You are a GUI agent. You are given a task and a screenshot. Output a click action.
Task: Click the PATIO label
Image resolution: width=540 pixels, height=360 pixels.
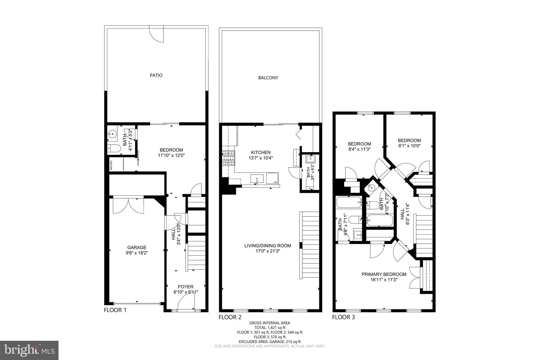click(x=156, y=75)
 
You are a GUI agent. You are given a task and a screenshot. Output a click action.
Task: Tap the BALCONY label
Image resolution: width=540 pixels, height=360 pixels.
click(x=268, y=78)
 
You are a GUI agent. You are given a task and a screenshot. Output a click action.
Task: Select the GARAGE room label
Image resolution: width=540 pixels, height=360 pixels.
click(x=137, y=247)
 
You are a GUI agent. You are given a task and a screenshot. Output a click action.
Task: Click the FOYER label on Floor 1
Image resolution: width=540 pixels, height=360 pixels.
click(x=186, y=287)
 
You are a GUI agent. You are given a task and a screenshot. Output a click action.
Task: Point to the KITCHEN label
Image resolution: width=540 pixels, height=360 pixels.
click(x=261, y=152)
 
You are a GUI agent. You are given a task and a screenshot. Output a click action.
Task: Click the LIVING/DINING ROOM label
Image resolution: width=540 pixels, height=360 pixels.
click(x=268, y=246)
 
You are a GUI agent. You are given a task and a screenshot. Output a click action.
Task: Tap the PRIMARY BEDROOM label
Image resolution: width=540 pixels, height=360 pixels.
click(x=384, y=274)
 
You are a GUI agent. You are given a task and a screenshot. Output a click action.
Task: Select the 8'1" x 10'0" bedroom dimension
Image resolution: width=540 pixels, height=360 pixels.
click(x=409, y=146)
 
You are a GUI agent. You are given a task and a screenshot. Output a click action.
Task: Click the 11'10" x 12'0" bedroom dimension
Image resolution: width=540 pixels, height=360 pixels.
click(x=171, y=155)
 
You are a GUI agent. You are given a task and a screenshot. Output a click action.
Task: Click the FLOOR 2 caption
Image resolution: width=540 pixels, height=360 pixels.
click(x=230, y=317)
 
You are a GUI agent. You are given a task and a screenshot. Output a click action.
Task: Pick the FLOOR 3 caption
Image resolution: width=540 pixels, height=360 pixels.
click(x=343, y=317)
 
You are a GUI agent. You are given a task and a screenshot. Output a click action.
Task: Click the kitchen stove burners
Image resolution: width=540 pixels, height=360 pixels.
click(x=229, y=158)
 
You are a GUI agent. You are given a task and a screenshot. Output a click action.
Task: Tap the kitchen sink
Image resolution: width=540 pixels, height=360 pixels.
click(x=257, y=179)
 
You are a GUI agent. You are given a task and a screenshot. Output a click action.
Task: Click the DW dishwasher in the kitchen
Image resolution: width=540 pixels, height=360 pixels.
click(x=272, y=178)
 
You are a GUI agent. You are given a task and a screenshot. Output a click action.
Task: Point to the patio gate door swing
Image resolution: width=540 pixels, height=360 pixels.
click(x=157, y=34)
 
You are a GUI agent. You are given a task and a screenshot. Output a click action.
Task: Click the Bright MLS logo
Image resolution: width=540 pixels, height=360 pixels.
click(x=29, y=350)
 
